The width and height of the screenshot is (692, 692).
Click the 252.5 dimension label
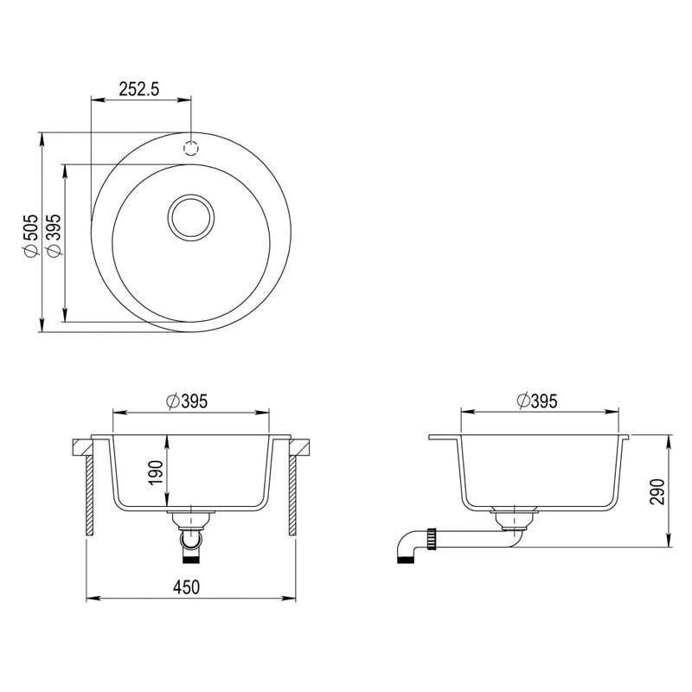click(x=139, y=90)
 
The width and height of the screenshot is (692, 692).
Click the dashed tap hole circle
click(x=190, y=148)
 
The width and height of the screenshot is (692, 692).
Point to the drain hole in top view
click(x=191, y=218)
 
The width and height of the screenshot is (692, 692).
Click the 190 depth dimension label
click(x=156, y=472)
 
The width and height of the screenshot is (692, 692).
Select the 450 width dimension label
click(x=186, y=587)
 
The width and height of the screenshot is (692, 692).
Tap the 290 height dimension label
click(x=657, y=492)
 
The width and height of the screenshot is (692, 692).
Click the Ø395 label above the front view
click(x=186, y=401)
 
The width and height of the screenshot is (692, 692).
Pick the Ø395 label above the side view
click(x=536, y=400)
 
